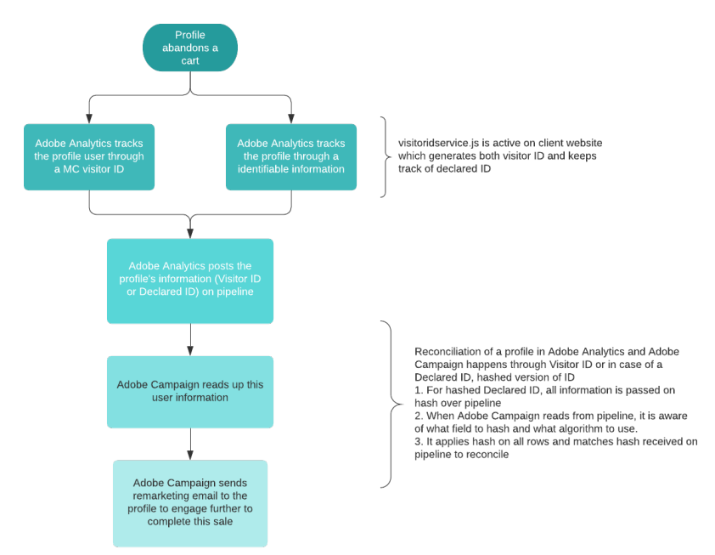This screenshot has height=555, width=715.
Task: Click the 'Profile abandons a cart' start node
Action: tap(190, 48)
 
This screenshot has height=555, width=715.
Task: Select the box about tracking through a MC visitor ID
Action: tap(89, 156)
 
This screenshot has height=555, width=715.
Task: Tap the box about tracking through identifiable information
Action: tap(291, 156)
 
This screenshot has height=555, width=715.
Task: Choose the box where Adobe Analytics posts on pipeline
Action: tap(190, 280)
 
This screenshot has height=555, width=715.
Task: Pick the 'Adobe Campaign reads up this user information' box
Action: tap(190, 391)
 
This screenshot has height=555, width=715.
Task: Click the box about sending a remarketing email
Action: tap(190, 503)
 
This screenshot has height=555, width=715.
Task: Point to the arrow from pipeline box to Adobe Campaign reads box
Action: tap(190, 339)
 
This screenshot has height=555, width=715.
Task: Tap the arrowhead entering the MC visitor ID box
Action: tap(89, 118)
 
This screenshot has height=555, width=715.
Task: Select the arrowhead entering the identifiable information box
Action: tap(291, 118)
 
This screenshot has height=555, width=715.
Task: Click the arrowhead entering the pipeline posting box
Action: tap(190, 232)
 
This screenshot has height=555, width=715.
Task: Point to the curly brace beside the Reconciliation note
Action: tap(388, 404)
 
